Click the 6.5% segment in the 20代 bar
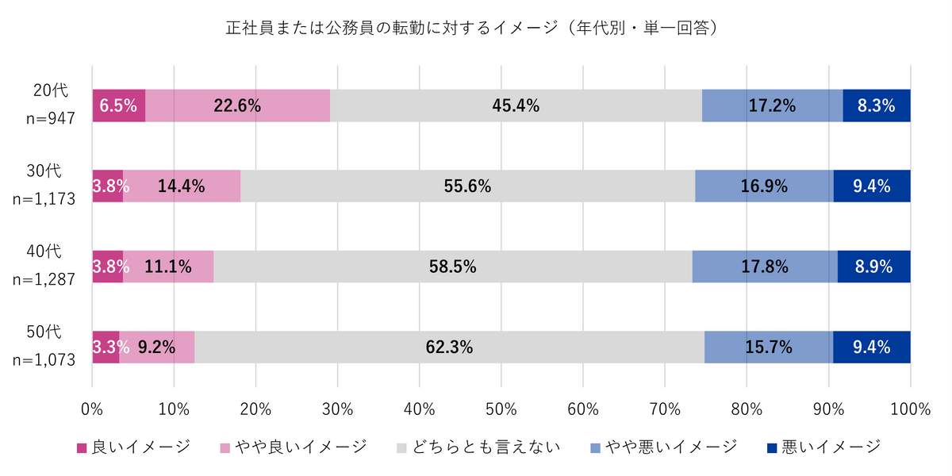(x=118, y=106)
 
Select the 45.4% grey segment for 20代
(x=516, y=106)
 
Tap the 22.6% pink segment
(x=237, y=106)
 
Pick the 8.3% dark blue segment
(x=876, y=106)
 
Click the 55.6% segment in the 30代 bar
(x=467, y=186)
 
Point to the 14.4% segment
(x=181, y=186)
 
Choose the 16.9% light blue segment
(x=764, y=186)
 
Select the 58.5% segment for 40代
(x=452, y=267)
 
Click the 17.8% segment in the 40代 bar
(x=765, y=267)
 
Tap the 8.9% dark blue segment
(x=873, y=267)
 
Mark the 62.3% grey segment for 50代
(x=449, y=347)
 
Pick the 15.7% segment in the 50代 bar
(x=768, y=347)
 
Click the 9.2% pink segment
(x=156, y=347)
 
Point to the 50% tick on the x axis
(x=501, y=409)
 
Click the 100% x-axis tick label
(x=910, y=409)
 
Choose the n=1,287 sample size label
(x=44, y=280)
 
